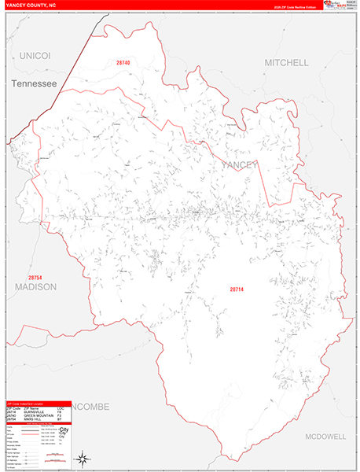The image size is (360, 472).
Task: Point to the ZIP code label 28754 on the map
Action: click(35, 278)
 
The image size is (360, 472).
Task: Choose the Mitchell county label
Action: click(285, 62)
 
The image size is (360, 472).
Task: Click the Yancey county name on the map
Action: click(239, 164)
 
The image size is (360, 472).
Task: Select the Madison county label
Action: click(35, 287)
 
